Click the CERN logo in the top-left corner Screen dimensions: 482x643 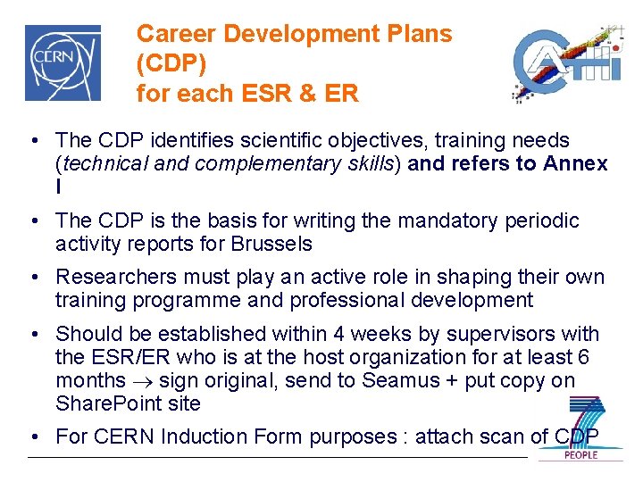pyautogui.click(x=63, y=62)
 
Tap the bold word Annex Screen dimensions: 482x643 pyautogui.click(x=575, y=164)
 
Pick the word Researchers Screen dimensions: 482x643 pyautogui.click(x=112, y=278)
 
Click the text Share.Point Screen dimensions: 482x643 pyautogui.click(x=105, y=404)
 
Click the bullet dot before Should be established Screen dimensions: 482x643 pyautogui.click(x=32, y=335)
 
